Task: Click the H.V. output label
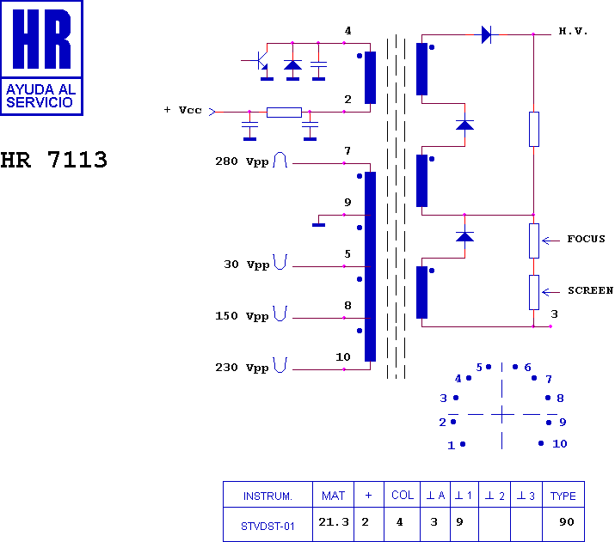point(573,31)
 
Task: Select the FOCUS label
point(586,239)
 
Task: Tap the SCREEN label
point(590,290)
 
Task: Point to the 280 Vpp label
point(242,161)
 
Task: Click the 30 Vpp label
point(246,265)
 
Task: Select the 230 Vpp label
point(242,368)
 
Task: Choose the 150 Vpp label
point(242,316)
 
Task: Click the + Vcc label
point(182,110)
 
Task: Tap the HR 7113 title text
point(53,160)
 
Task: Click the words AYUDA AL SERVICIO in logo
point(40,96)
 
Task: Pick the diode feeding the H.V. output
point(486,35)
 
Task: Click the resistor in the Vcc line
point(284,113)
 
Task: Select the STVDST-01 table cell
point(268,526)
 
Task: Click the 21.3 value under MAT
point(334,522)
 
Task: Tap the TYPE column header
point(563,496)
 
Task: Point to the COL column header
point(403,496)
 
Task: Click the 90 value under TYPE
point(567,522)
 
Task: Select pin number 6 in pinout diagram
point(527,368)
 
